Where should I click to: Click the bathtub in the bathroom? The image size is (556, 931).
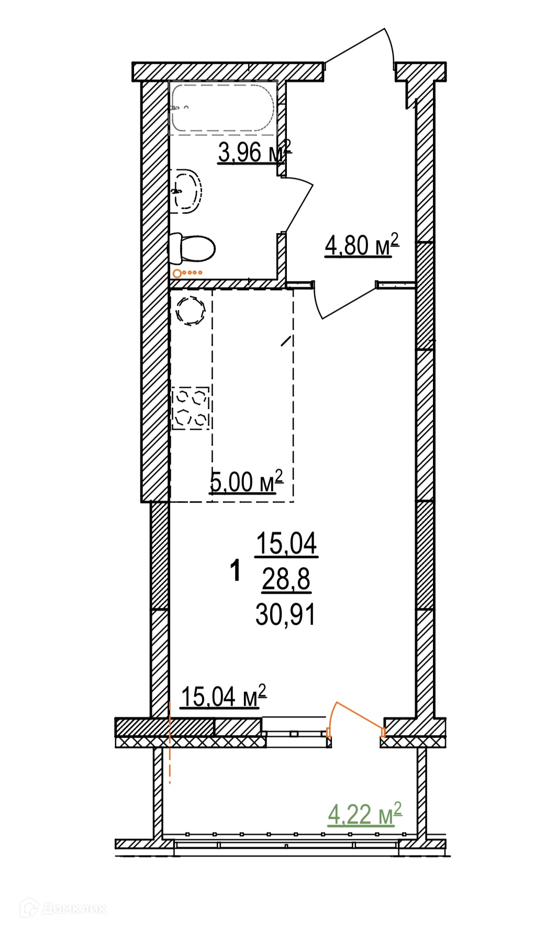tap(223, 107)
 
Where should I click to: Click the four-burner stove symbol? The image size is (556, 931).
tap(191, 408)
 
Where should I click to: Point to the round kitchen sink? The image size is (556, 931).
tap(190, 311)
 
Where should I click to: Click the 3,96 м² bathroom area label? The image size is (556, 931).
tap(254, 152)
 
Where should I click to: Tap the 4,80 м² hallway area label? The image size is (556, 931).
tap(362, 245)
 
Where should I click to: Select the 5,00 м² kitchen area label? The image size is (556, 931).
tap(246, 482)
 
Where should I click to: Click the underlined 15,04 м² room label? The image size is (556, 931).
tap(224, 696)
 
